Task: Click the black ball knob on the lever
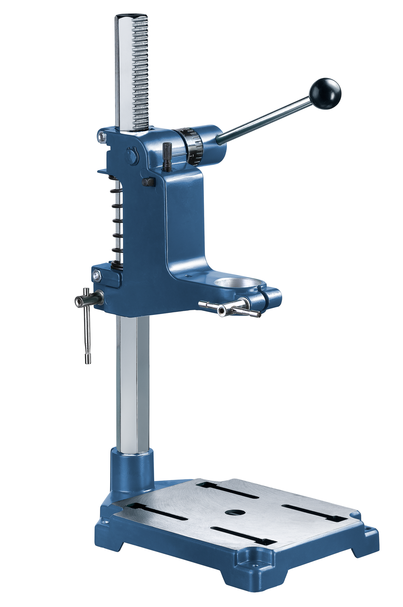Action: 325,94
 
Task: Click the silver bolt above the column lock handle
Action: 96,275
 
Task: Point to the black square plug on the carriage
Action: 148,182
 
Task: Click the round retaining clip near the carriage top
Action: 131,155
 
